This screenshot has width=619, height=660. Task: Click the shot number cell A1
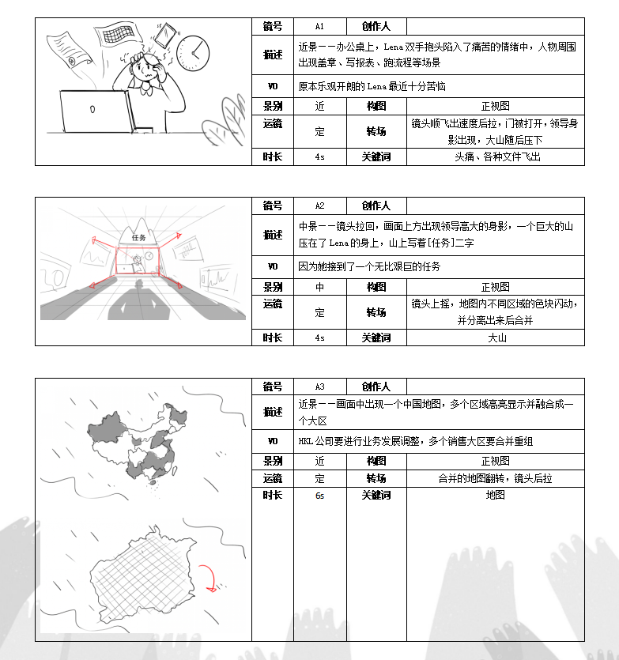pyautogui.click(x=319, y=26)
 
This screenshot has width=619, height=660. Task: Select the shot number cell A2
pyautogui.click(x=319, y=206)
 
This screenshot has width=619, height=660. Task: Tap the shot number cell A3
pyautogui.click(x=319, y=387)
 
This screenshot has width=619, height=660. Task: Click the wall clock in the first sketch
pyautogui.click(x=193, y=52)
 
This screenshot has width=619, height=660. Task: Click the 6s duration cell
pyautogui.click(x=319, y=496)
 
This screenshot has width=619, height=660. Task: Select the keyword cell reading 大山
pyautogui.click(x=496, y=338)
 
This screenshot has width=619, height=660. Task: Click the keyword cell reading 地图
pyautogui.click(x=496, y=496)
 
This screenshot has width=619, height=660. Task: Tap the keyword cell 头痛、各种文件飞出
pyautogui.click(x=496, y=157)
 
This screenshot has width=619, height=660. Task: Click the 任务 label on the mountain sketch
pyautogui.click(x=140, y=237)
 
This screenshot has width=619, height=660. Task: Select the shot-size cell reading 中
pyautogui.click(x=319, y=287)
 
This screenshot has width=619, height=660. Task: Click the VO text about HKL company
pyautogui.click(x=415, y=440)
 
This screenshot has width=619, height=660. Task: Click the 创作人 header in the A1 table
pyautogui.click(x=376, y=26)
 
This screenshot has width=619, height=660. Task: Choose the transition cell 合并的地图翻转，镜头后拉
pyautogui.click(x=496, y=478)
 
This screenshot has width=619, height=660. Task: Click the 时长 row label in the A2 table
pyautogui.click(x=273, y=338)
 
